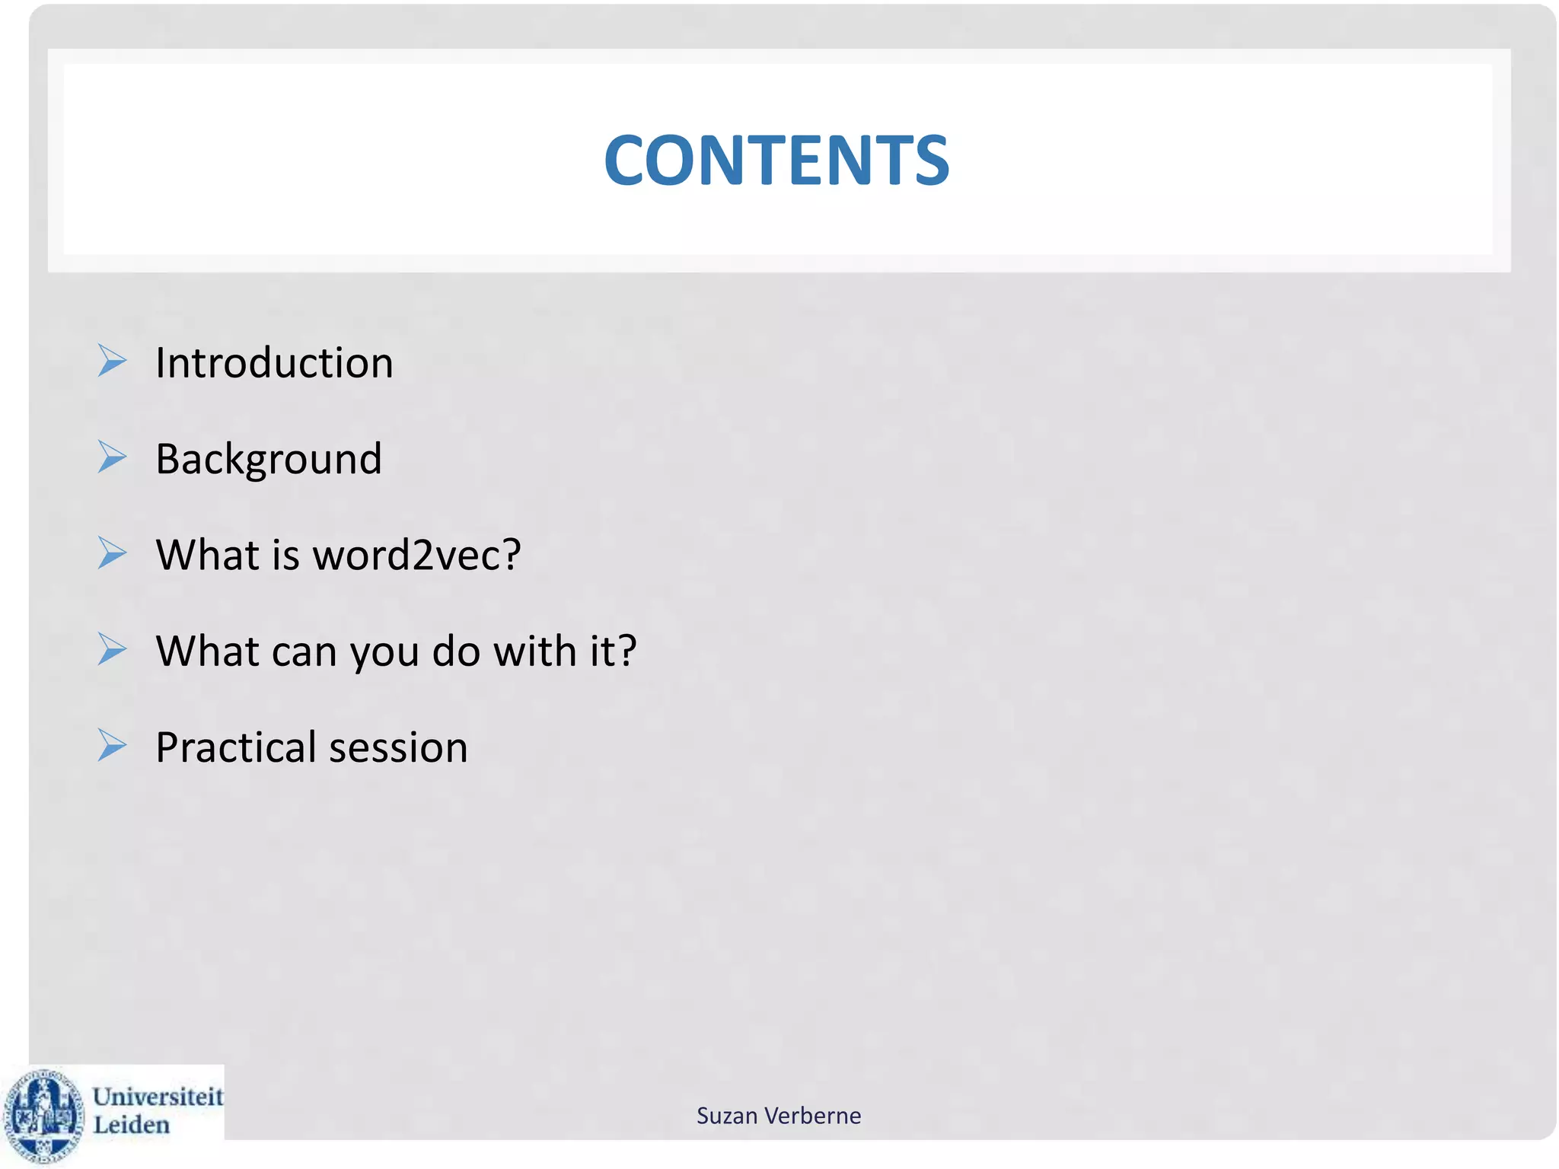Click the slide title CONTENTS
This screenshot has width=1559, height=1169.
coord(776,161)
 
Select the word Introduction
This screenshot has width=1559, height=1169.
coord(274,362)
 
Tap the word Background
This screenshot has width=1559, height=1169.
coord(269,459)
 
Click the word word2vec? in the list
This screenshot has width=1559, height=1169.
coord(417,555)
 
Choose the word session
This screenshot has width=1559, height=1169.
coord(399,747)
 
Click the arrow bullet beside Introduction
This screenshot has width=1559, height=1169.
coord(112,361)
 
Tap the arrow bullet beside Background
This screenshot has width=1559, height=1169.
coord(112,457)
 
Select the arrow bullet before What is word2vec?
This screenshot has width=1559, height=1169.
coord(112,553)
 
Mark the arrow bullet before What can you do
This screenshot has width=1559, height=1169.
coord(112,650)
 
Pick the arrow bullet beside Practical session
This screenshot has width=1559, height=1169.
coord(112,746)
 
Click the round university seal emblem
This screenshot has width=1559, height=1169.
coord(43,1116)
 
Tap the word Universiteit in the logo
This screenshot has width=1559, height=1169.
coord(158,1097)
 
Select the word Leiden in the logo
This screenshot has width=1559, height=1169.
coord(131,1125)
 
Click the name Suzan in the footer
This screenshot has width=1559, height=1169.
coord(727,1116)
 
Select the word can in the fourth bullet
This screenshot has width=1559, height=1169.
coord(304,653)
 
